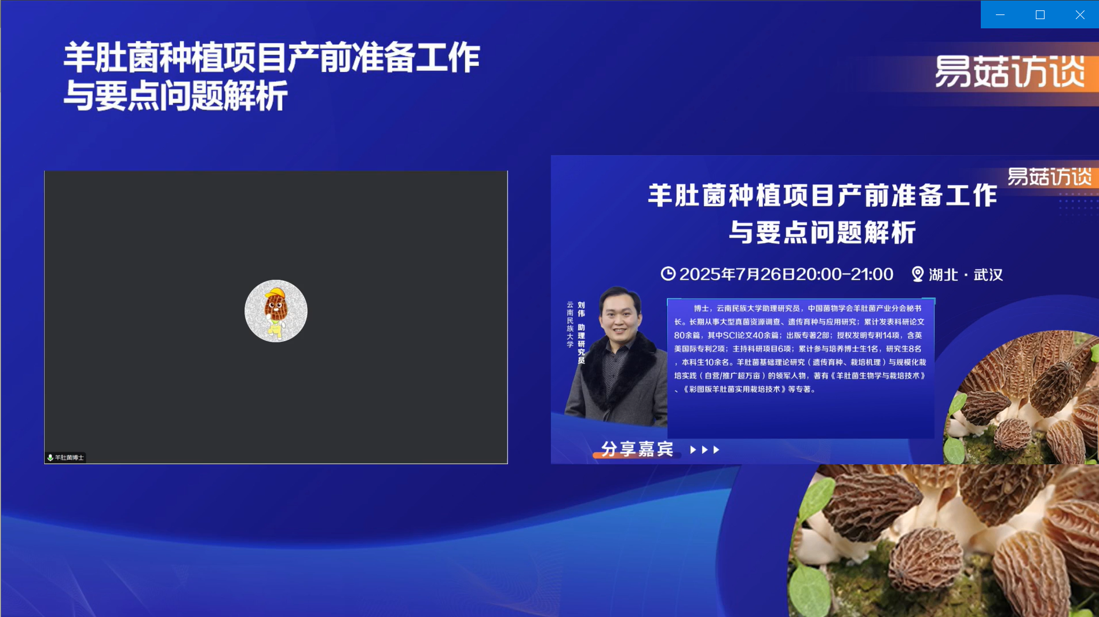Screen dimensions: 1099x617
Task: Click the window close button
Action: pos(1080,14)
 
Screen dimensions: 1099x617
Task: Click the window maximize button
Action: pos(1040,14)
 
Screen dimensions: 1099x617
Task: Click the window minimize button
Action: pos(1000,14)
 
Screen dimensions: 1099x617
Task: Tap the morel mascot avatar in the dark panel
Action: pos(276,311)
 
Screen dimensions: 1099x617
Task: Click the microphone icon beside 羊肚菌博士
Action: pos(50,457)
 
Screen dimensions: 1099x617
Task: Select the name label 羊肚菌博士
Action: pos(70,457)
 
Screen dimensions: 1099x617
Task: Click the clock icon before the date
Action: pos(668,273)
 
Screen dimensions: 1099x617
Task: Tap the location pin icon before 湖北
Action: pos(918,274)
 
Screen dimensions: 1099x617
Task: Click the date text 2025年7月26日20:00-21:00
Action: pos(786,274)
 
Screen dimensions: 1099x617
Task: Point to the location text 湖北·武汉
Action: pos(966,274)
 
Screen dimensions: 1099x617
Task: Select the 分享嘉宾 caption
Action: pos(637,449)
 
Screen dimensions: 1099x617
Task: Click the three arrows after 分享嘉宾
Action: pos(704,450)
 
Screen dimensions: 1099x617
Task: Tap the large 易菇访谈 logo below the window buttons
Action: pos(1010,72)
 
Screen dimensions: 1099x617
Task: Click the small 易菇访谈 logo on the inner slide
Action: pos(1049,177)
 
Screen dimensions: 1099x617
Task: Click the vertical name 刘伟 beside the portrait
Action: pos(581,309)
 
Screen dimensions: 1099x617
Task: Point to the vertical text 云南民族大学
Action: pos(570,324)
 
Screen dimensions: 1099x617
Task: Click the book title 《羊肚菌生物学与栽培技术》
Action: pos(878,376)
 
